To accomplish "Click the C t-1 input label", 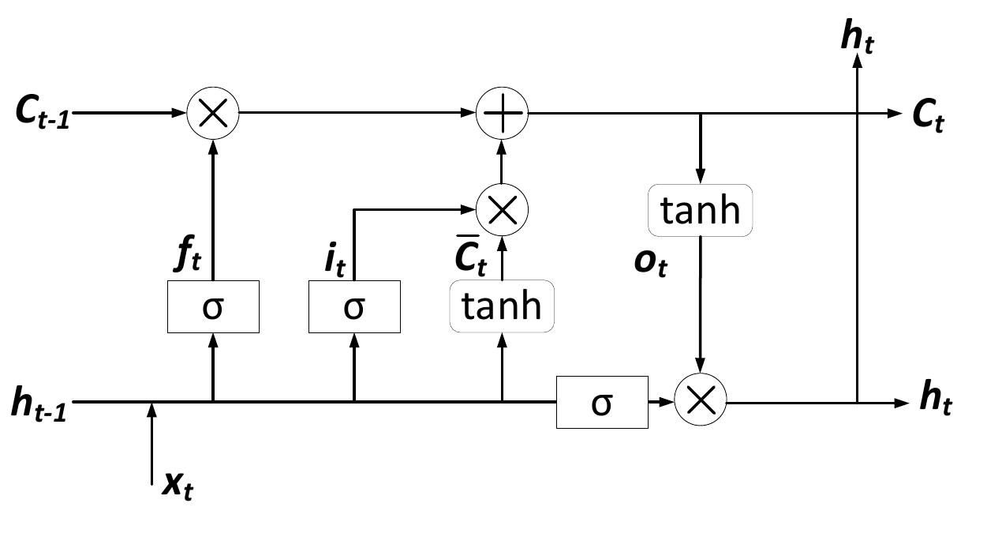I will point(42,113).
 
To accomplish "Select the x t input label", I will point(178,485).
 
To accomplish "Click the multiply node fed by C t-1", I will point(212,113).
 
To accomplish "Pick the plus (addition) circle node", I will point(503,113).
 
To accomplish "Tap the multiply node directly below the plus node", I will point(503,209).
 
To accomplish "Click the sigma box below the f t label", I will point(213,306).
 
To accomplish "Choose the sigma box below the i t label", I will point(353,306).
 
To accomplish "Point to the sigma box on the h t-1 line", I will point(602,403).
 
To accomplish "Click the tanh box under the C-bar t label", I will point(502,306).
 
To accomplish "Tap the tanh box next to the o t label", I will point(701,210).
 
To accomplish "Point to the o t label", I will point(651,263).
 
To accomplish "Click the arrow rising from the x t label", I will point(151,442).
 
